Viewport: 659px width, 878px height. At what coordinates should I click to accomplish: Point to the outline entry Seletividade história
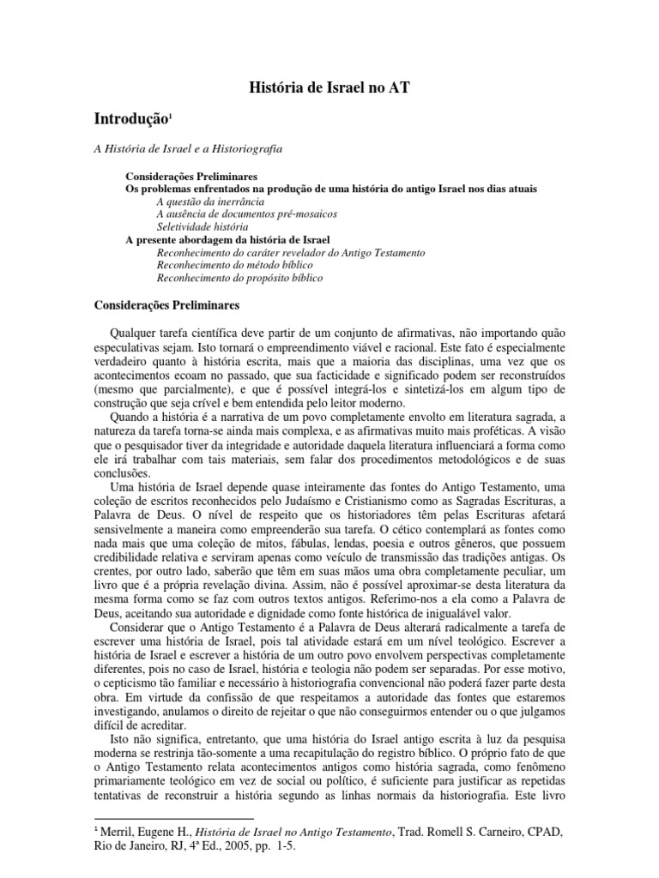[203, 226]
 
